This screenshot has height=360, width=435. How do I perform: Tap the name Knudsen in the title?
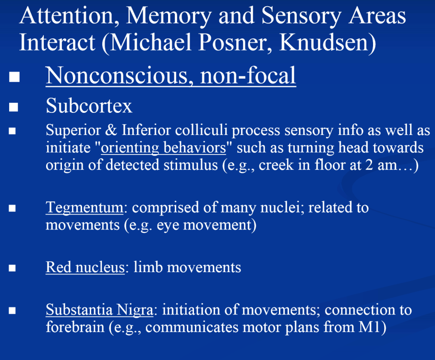click(325, 42)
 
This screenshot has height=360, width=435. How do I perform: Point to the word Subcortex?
click(89, 106)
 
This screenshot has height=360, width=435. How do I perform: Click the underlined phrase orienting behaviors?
click(163, 147)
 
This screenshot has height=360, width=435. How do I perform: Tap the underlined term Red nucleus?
click(85, 267)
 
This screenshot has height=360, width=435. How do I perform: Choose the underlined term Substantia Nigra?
click(99, 310)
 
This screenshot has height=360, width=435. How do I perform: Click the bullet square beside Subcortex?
click(13, 107)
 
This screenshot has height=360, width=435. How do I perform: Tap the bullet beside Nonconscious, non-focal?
click(13, 77)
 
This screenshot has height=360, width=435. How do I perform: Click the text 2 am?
click(372, 165)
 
